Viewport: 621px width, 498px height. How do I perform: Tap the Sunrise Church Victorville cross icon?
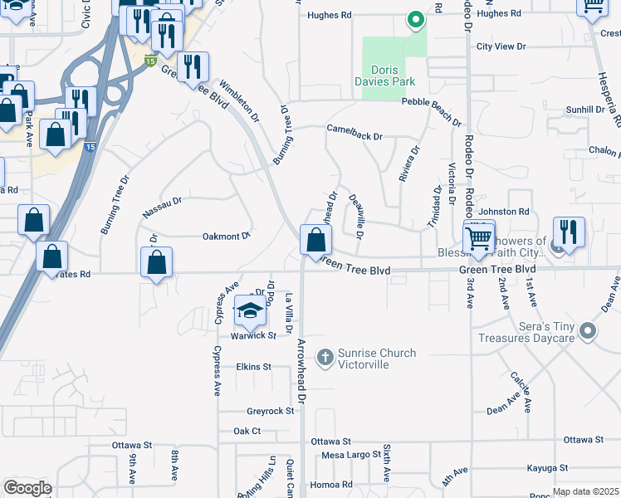pyautogui.click(x=325, y=359)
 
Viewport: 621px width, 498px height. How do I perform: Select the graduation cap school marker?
pyautogui.click(x=250, y=311)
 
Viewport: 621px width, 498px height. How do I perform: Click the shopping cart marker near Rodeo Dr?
pyautogui.click(x=480, y=238)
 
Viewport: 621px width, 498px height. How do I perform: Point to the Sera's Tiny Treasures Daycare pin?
pyautogui.click(x=588, y=332)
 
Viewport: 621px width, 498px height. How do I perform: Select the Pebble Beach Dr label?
pyautogui.click(x=432, y=110)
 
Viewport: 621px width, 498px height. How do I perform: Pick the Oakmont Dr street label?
pyautogui.click(x=227, y=237)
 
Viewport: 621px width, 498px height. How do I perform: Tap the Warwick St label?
pyautogui.click(x=253, y=335)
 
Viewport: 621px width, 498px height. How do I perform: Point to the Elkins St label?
pyautogui.click(x=253, y=366)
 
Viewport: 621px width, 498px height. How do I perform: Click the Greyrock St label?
pyautogui.click(x=270, y=411)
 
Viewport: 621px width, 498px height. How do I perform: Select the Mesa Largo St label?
pyautogui.click(x=349, y=455)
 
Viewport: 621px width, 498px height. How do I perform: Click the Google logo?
pyautogui.click(x=27, y=487)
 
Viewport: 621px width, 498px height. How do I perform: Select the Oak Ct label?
pyautogui.click(x=247, y=432)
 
